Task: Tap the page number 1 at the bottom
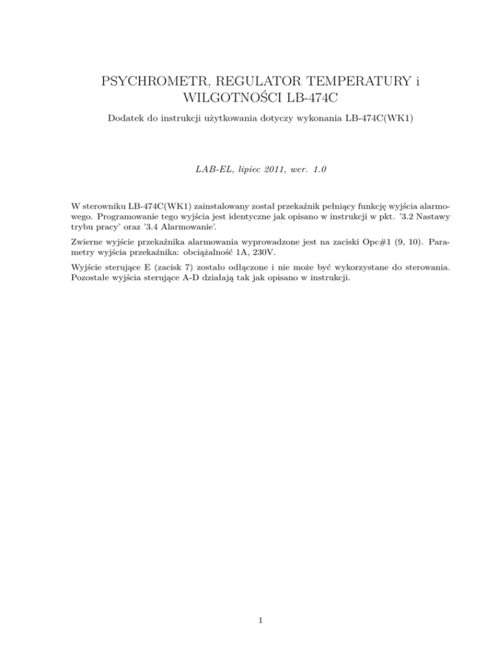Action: tap(259, 620)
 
